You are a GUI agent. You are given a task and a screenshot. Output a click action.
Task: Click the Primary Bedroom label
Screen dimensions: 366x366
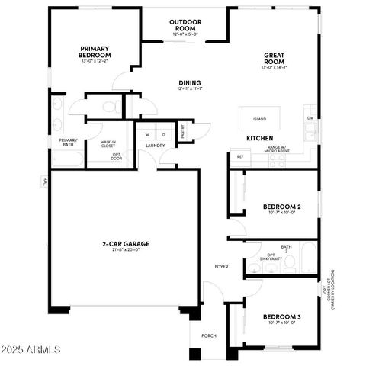[95, 52]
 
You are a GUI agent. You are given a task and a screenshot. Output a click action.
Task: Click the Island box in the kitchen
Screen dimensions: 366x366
[260, 119]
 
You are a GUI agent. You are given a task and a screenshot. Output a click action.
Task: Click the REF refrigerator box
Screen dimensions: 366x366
[240, 156]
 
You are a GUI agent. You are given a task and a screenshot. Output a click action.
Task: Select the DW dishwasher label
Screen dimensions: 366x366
[310, 118]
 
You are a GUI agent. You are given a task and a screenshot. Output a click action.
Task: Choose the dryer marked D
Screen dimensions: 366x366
[163, 135]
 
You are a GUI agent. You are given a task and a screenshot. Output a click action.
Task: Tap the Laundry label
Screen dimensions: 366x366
[156, 146]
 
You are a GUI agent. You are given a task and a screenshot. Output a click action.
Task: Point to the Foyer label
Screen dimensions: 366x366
[221, 267]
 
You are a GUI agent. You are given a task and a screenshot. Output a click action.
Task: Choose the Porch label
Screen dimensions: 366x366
[208, 335]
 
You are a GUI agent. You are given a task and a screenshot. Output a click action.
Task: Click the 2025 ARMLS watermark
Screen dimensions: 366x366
[32, 349]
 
